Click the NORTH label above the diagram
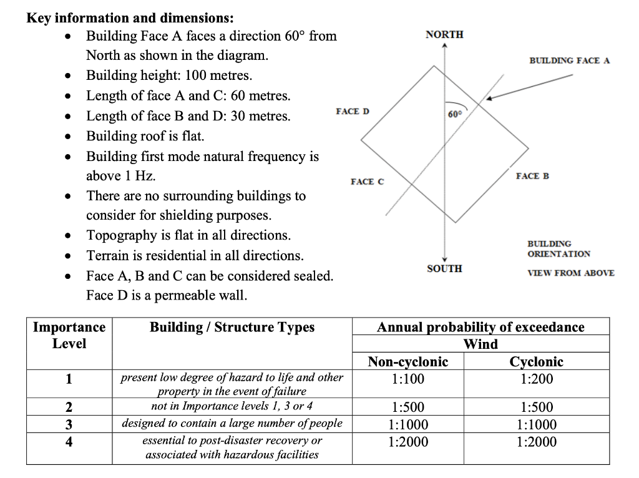click(444, 34)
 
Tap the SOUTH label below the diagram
click(444, 268)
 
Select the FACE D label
click(352, 111)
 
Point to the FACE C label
click(368, 182)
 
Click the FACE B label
click(532, 176)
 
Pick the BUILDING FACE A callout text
click(569, 61)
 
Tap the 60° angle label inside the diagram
click(455, 114)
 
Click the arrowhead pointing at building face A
click(490, 99)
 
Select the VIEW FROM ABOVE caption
click(570, 273)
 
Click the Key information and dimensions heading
click(130, 17)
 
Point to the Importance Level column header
click(69, 335)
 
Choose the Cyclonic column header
click(536, 362)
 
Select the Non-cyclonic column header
click(407, 362)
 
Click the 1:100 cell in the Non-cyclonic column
click(407, 379)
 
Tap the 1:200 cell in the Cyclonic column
click(536, 379)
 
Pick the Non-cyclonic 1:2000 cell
click(407, 442)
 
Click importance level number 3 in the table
click(69, 424)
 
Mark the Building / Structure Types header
click(232, 327)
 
